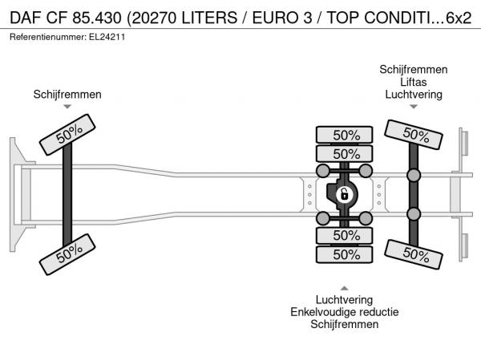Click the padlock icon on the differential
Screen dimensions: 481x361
coord(345,195)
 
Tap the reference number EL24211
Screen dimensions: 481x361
coord(107,37)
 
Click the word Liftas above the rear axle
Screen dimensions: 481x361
coord(413,82)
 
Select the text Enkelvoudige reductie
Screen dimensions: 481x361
coord(344,312)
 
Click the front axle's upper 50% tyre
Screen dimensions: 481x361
coord(67,135)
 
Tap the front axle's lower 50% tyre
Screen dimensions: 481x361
coord(67,254)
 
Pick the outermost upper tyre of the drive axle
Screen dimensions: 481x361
coord(344,135)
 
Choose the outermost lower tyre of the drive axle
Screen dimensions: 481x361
coord(344,254)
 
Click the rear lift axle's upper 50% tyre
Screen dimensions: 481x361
coord(414,135)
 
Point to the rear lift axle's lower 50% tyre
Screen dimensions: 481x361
coord(414,254)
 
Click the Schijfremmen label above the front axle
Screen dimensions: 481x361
coord(67,95)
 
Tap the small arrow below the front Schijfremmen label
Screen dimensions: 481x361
coord(67,107)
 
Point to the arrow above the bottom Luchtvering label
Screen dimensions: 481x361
coord(344,288)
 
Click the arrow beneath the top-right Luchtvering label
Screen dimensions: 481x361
coord(414,107)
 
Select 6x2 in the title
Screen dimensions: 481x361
coord(459,18)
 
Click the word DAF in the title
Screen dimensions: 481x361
coord(26,18)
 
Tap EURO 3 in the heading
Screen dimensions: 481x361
coord(282,18)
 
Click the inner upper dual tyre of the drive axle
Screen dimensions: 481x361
coord(344,153)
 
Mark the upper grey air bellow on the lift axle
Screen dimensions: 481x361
coord(414,175)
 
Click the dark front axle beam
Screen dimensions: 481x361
coord(67,194)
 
